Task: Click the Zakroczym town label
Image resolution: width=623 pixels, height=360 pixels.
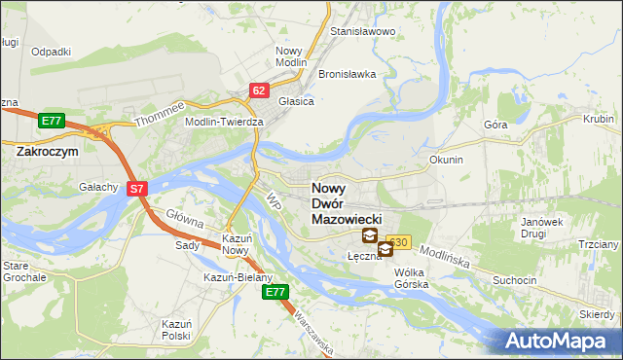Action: click(x=47, y=152)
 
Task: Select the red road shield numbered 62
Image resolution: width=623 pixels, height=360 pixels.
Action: click(x=258, y=90)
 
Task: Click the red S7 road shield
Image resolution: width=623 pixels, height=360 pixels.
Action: click(x=138, y=189)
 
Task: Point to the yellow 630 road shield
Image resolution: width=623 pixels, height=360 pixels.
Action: click(x=398, y=241)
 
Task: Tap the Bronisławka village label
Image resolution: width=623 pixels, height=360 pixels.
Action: click(x=347, y=74)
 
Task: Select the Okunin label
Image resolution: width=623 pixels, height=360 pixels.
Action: click(x=446, y=159)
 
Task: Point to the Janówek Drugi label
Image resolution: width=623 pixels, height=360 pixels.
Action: click(x=542, y=228)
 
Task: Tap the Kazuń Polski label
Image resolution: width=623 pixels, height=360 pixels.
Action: click(x=177, y=329)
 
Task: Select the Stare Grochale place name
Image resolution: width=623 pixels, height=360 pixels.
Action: click(x=24, y=271)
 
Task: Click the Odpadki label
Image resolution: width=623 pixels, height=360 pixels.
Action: click(x=51, y=52)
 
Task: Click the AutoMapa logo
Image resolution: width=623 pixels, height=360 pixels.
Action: click(x=559, y=342)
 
